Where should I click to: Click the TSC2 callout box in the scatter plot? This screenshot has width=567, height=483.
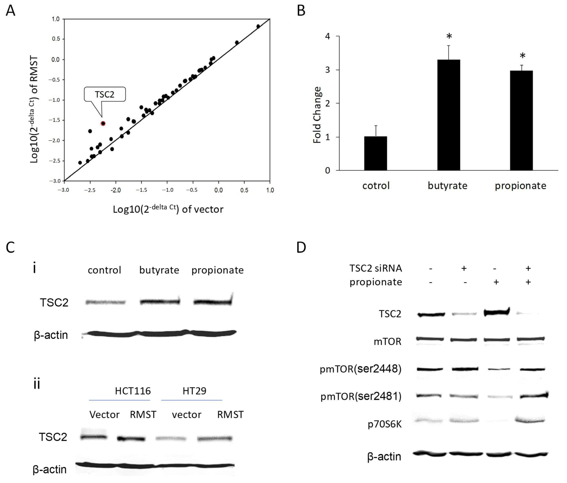(105, 94)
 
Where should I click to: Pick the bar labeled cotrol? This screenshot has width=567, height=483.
(375, 153)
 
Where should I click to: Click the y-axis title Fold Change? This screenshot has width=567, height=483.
(317, 115)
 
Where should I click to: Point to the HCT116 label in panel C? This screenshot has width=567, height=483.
(133, 391)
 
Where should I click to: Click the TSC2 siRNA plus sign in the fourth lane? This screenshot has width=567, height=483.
(528, 268)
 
